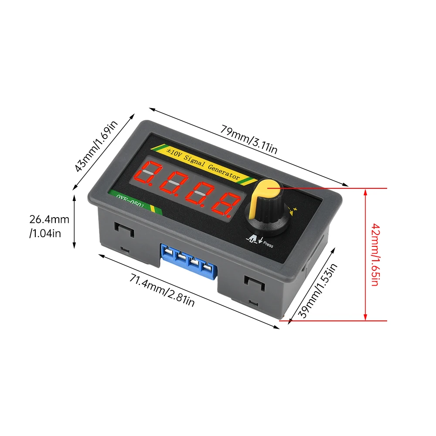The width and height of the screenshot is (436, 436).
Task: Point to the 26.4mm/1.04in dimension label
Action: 49,226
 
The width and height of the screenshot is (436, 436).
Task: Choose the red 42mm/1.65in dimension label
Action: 375,255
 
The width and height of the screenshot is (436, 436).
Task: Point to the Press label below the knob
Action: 268,245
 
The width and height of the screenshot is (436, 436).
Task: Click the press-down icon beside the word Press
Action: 254,239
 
